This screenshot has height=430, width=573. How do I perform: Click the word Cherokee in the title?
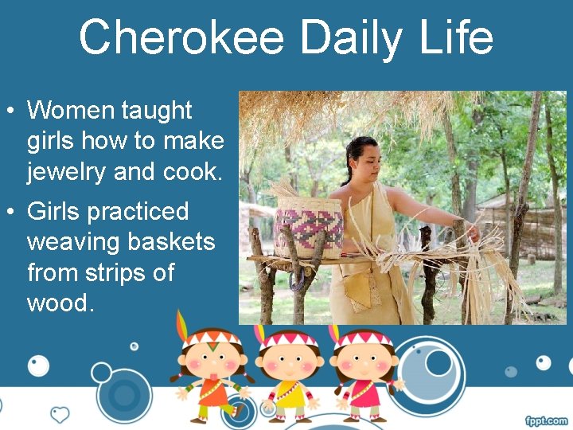[x=181, y=37]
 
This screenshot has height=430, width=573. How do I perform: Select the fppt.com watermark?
[x=546, y=420]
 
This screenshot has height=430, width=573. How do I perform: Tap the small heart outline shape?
[x=60, y=415]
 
